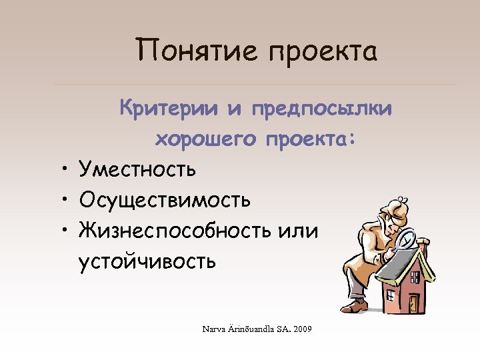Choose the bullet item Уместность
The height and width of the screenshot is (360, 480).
(x=137, y=169)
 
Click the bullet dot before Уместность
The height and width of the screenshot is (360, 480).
(x=60, y=170)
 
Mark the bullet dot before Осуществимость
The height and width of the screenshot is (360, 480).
(x=60, y=200)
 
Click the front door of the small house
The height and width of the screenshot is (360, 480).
(x=413, y=303)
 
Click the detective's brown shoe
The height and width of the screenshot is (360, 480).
(x=356, y=307)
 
